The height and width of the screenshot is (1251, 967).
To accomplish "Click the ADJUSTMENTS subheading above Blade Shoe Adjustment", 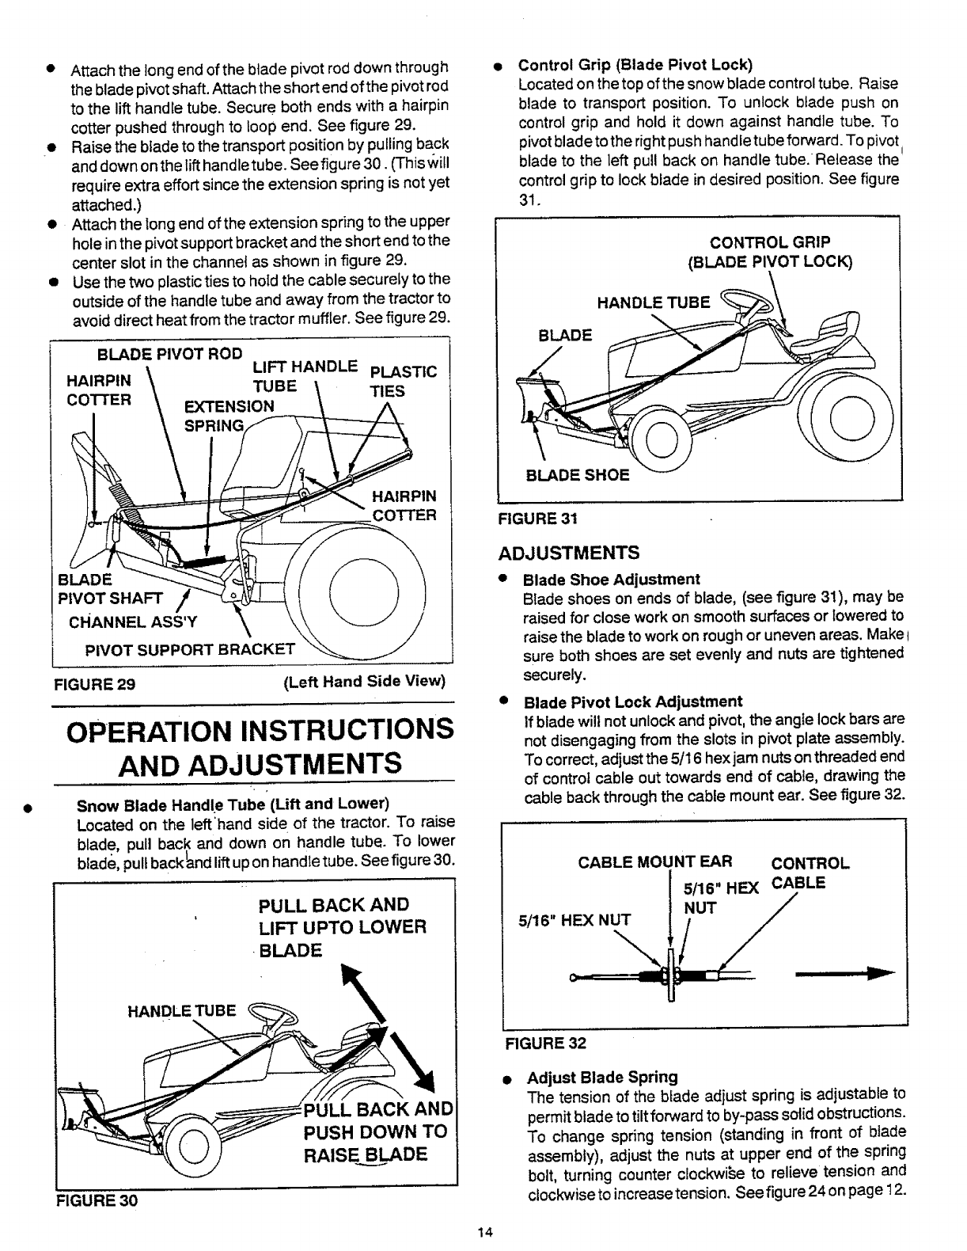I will tap(568, 552).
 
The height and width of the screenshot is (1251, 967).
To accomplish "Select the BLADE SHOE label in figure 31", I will tap(578, 475).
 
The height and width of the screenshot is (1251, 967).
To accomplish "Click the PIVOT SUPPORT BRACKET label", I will tap(190, 650).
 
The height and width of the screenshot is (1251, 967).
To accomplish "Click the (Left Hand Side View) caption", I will tap(365, 683).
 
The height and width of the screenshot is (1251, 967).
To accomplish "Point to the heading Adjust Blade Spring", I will tap(602, 1077).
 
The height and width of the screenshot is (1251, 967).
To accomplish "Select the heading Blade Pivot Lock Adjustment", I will tap(633, 702).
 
